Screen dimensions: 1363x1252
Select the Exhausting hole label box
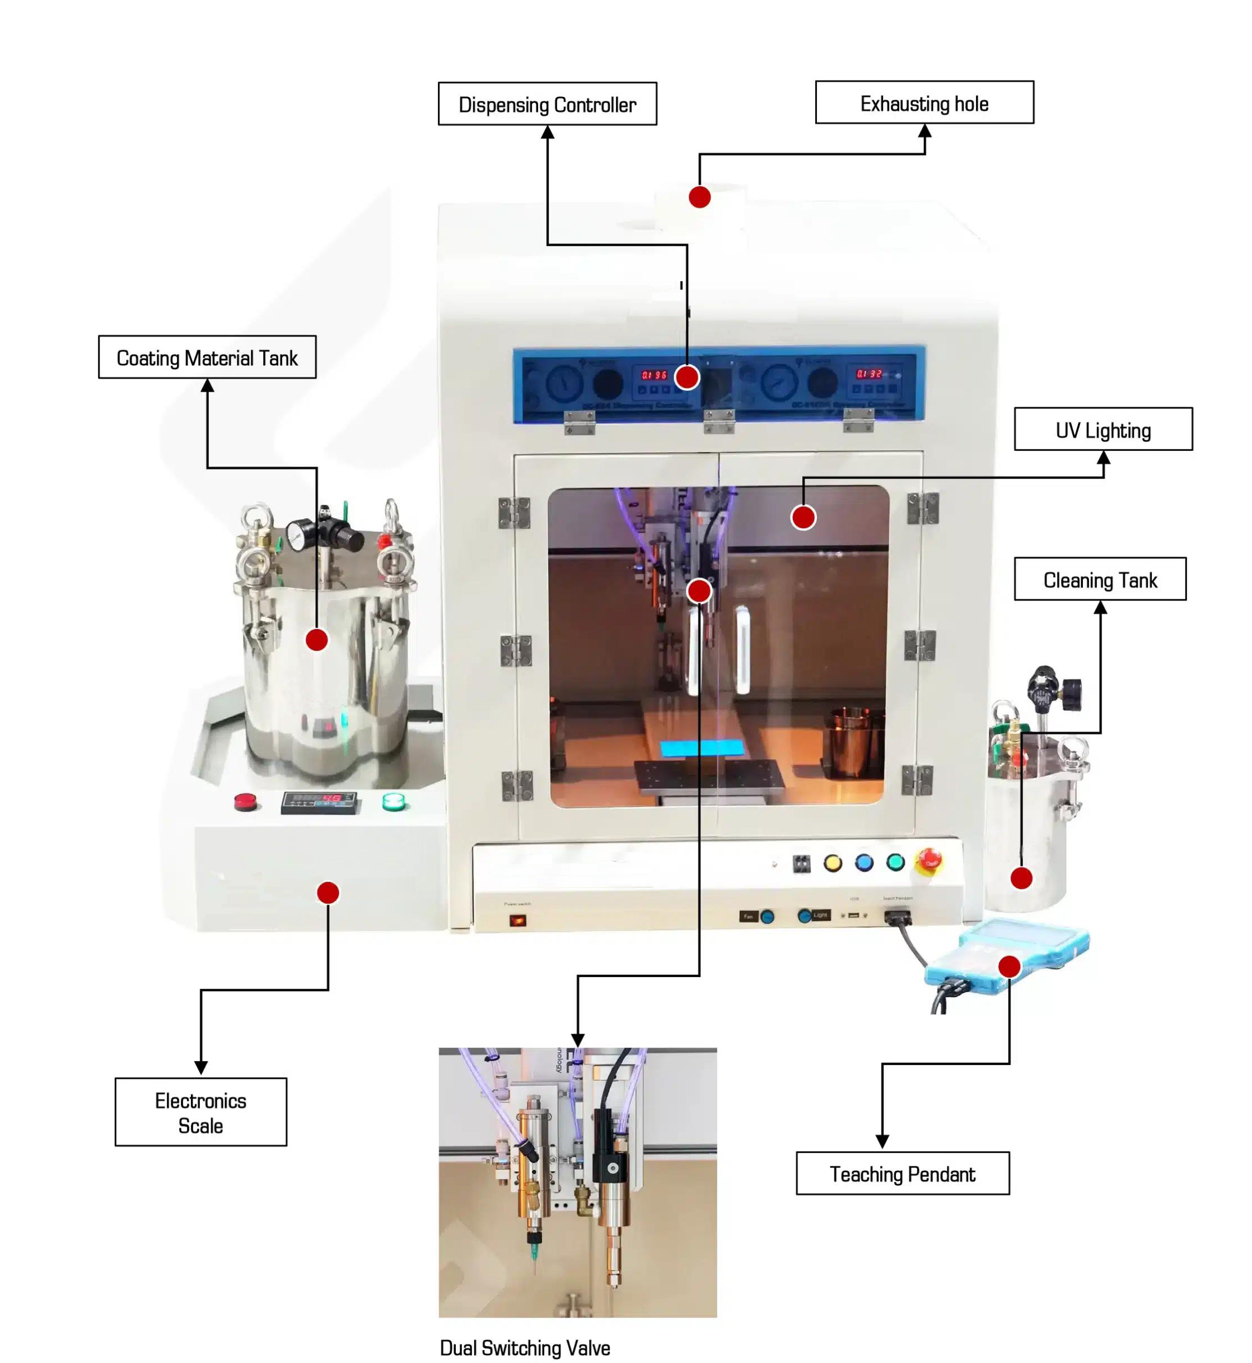[924, 103]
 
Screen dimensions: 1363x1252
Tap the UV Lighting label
[1102, 429]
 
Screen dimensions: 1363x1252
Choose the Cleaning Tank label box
[1100, 579]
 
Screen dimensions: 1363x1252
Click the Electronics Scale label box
[200, 1112]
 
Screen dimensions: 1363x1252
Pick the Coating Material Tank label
[207, 357]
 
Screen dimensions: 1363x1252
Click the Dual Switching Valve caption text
[525, 1347]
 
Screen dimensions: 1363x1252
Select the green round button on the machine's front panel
[896, 862]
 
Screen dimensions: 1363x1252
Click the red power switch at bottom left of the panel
[517, 920]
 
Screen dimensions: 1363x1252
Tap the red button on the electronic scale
[245, 802]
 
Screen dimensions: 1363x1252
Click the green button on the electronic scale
[393, 802]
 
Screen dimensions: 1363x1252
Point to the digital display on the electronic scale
[319, 802]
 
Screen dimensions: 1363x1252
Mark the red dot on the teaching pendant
[1009, 966]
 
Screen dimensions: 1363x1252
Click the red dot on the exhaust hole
[699, 197]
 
